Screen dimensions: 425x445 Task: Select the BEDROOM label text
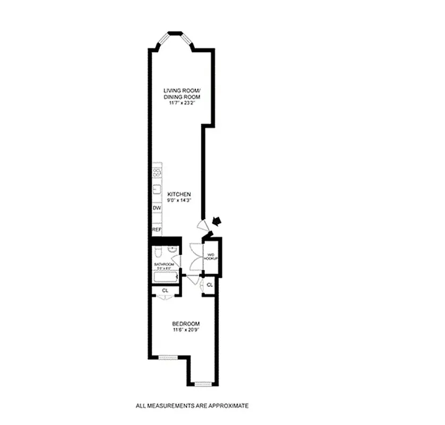click(185, 324)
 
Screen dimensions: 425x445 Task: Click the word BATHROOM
click(164, 265)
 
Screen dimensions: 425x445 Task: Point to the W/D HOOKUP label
click(211, 256)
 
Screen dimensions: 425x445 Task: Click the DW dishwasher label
click(157, 208)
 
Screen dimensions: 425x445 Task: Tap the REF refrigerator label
click(157, 229)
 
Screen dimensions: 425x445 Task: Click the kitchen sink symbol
click(157, 189)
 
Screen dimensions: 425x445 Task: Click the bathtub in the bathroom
click(165, 277)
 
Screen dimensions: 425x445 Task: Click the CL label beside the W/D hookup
click(210, 285)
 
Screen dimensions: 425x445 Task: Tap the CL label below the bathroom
click(165, 291)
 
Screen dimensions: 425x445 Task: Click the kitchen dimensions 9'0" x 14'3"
click(178, 201)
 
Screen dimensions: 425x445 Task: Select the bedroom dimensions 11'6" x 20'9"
click(185, 330)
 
